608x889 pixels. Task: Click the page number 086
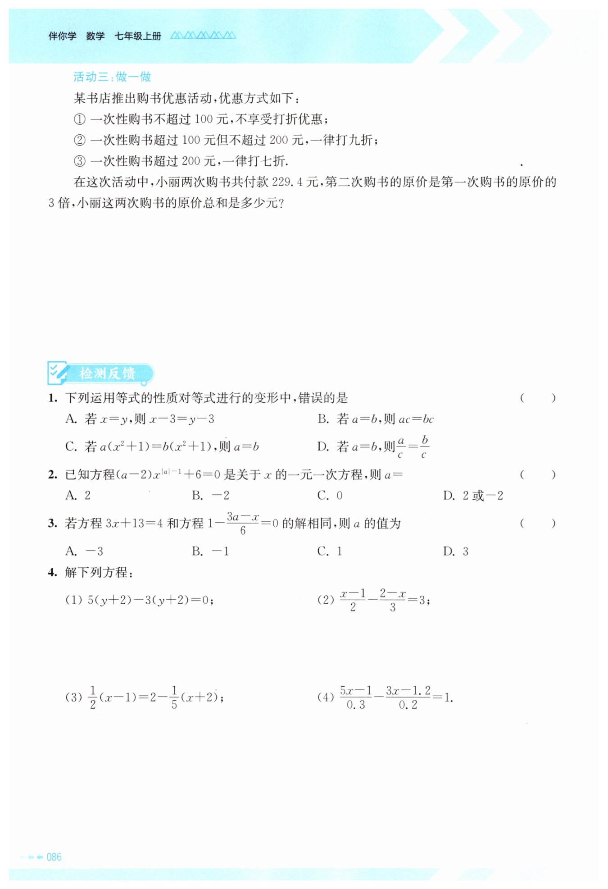tap(54, 857)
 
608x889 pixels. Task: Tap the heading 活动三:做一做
tap(112, 77)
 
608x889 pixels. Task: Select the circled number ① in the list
tap(79, 119)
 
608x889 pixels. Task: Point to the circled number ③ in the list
tap(79, 161)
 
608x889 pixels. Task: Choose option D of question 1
tap(373, 447)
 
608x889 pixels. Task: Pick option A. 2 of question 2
tap(78, 496)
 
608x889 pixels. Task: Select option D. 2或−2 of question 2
tap(473, 496)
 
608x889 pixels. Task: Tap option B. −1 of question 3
tap(210, 551)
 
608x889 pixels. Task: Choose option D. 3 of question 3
tap(455, 551)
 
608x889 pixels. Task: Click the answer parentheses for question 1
tap(538, 398)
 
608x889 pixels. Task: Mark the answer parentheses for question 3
tap(538, 523)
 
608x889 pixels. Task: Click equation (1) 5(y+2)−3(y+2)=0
tap(140, 600)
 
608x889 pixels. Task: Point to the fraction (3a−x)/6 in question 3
tap(243, 523)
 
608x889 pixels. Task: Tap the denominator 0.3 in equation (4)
tap(356, 705)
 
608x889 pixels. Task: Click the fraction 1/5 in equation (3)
tap(174, 697)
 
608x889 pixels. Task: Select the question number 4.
tap(52, 573)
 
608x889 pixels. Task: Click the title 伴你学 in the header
tap(62, 36)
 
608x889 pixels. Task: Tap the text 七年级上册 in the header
tap(138, 36)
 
